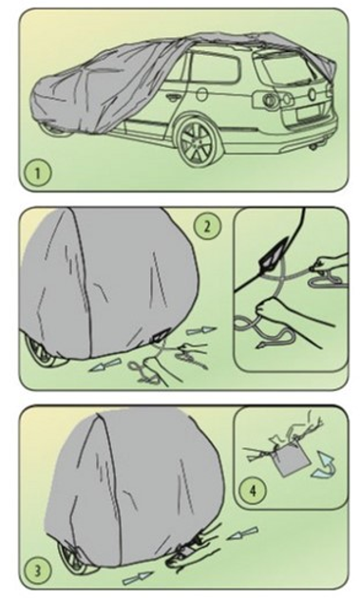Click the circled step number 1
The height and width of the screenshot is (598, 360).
pos(37,173)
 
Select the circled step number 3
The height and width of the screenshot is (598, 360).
pos(38,570)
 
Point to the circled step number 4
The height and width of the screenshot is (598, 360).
pos(253,490)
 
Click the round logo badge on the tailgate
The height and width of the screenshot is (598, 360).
pos(313,94)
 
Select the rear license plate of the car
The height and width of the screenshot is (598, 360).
pos(310,113)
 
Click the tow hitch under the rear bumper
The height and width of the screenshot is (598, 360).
pos(315,147)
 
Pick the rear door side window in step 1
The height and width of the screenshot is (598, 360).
pos(216,68)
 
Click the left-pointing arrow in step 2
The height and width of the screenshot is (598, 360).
pos(104,365)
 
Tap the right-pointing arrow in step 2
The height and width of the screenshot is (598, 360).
pos(200,330)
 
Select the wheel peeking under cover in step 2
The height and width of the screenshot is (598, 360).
pos(43,351)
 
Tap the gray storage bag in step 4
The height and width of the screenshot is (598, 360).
pos(293,462)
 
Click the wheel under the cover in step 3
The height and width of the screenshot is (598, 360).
pos(76,557)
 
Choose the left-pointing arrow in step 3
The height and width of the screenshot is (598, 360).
pos(243,533)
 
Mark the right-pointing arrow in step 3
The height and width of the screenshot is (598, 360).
pos(138,578)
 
